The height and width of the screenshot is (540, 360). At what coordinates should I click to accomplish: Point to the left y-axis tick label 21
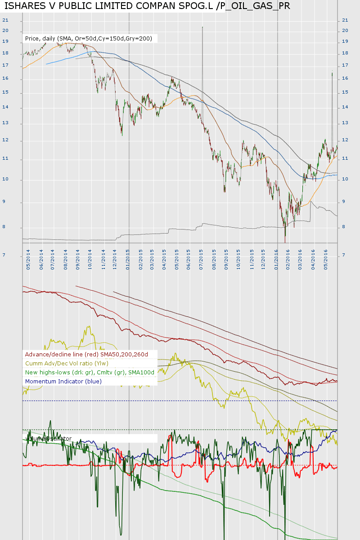pos(5,20)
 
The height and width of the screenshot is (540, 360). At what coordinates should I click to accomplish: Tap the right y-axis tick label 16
pos(345,78)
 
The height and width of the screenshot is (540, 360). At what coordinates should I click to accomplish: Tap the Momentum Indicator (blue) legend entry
pos(63,382)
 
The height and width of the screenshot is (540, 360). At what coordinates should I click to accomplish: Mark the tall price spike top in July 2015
pos(202,27)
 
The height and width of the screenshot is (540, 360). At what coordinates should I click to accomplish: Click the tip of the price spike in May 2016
pos(332,72)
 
